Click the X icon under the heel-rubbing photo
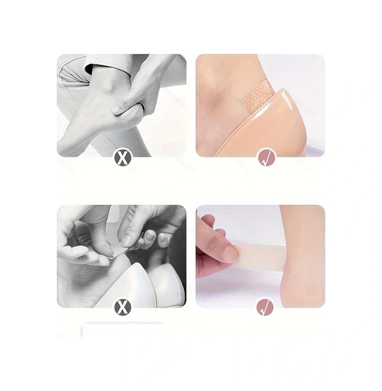click(122, 157)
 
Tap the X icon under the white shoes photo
click(123, 308)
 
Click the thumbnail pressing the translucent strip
click(230, 254)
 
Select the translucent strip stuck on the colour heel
click(264, 255)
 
